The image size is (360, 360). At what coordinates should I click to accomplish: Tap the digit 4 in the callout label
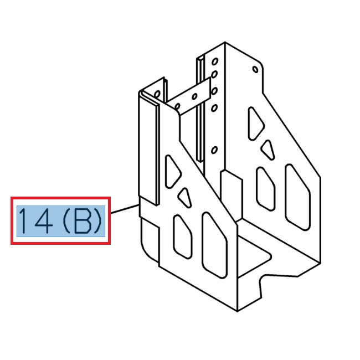44,222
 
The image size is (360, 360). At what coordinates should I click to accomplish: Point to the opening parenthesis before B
66,222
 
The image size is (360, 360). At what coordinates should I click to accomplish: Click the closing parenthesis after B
98,222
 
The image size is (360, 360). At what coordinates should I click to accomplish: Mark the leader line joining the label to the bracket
124,209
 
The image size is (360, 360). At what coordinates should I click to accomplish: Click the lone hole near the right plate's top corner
254,70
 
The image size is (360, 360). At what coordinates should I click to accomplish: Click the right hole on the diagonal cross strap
194,95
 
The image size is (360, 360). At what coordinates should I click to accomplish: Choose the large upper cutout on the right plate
256,122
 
